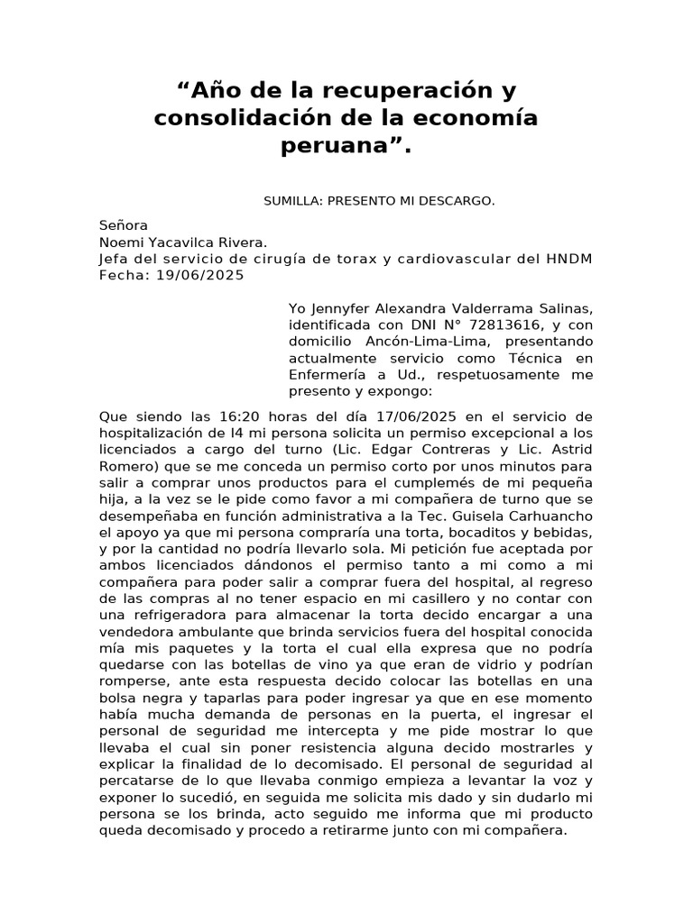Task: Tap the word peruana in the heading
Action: [x=334, y=145]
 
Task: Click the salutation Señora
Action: [x=123, y=225]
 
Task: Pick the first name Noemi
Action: [x=123, y=242]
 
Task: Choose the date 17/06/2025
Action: [x=426, y=416]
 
